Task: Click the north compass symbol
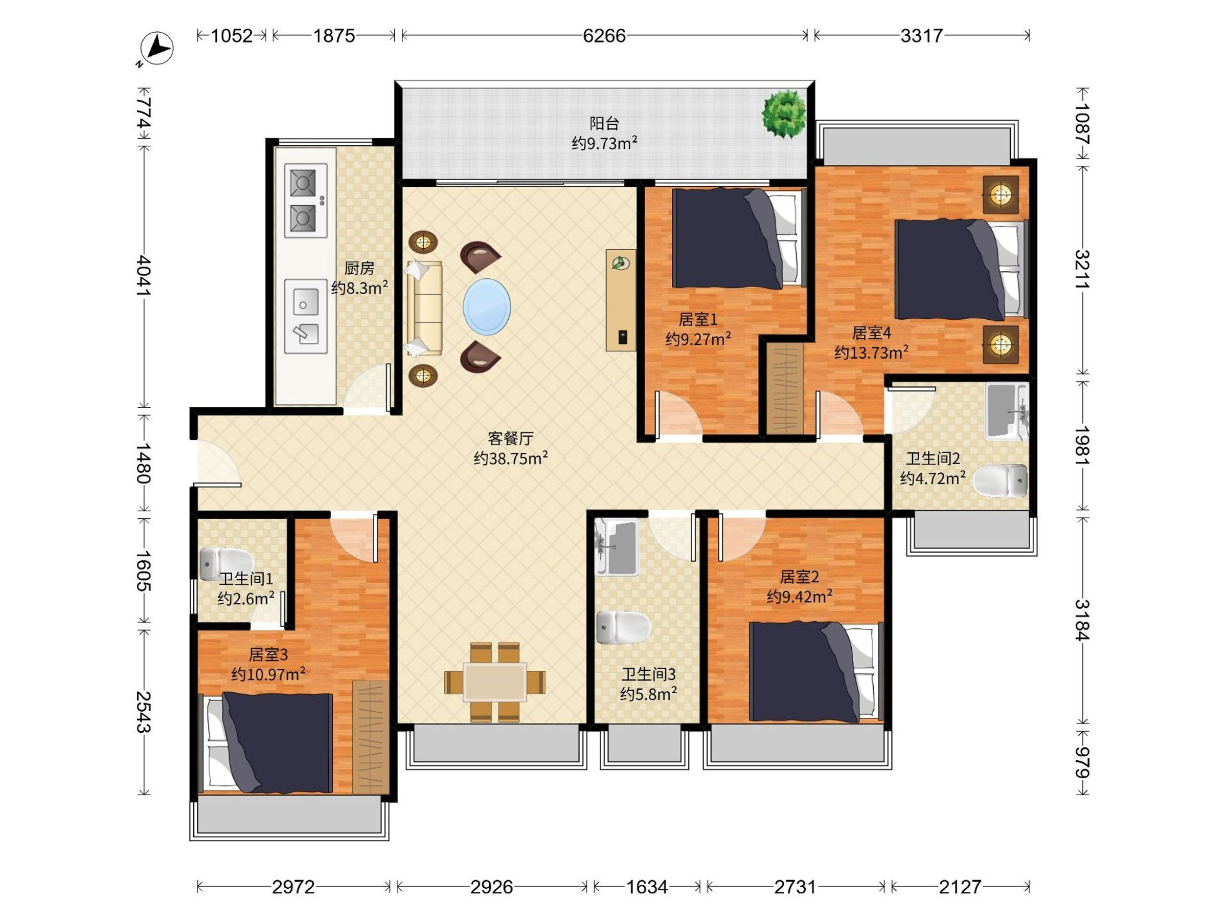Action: pyautogui.click(x=157, y=48)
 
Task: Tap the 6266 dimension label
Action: pyautogui.click(x=604, y=36)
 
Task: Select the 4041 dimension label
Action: pyautogui.click(x=143, y=275)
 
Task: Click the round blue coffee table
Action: pyautogui.click(x=487, y=306)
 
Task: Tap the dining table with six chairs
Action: pyautogui.click(x=495, y=682)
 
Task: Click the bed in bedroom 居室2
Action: pyautogui.click(x=815, y=672)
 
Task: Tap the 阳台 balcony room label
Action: pyautogui.click(x=604, y=123)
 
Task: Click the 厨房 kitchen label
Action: pyautogui.click(x=359, y=268)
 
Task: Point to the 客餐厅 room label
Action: pyautogui.click(x=510, y=438)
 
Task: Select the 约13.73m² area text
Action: pyautogui.click(x=872, y=352)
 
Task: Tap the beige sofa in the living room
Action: pyautogui.click(x=424, y=308)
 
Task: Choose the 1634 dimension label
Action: pyautogui.click(x=647, y=887)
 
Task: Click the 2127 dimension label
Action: pyautogui.click(x=960, y=887)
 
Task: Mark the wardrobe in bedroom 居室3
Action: pyautogui.click(x=371, y=736)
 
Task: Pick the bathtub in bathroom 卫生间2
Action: pyautogui.click(x=1006, y=411)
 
